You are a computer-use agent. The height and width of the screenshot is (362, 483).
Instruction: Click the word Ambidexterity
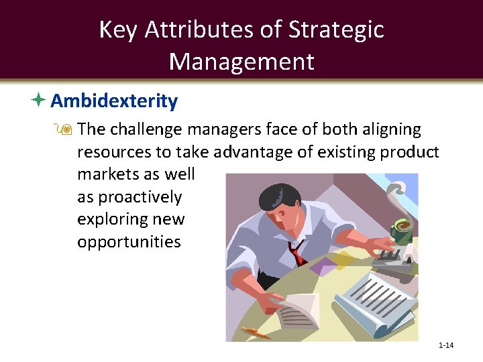pos(114,101)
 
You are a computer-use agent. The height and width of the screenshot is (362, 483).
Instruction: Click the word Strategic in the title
pos(336,29)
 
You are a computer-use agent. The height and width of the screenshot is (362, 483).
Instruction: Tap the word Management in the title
pos(241,61)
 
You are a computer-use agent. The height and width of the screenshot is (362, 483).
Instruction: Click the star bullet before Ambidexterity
pos(38,101)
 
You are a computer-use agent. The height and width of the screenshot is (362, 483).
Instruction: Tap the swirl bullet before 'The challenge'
pos(67,129)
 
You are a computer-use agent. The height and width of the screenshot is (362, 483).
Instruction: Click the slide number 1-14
pos(445,345)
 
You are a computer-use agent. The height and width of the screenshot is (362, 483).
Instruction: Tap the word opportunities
pos(129,241)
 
